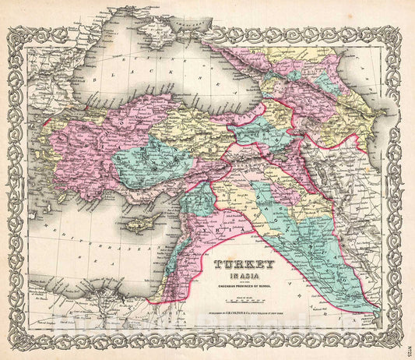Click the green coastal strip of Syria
[181, 226]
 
